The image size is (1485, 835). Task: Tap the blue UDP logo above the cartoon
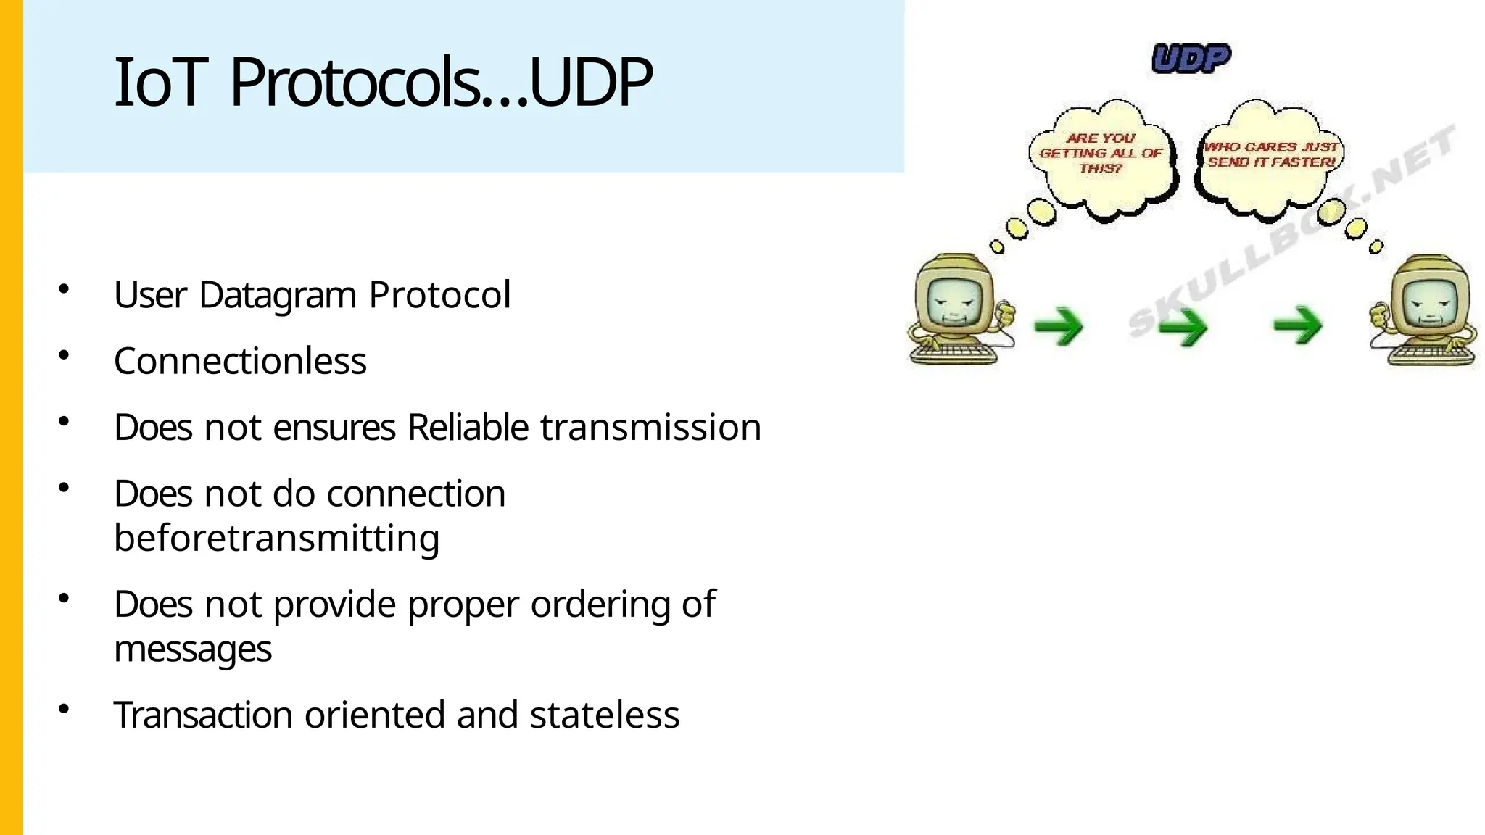point(1191,59)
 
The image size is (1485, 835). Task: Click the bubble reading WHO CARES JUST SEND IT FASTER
point(1270,155)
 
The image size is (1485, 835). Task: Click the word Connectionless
point(240,361)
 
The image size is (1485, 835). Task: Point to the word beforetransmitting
point(276,538)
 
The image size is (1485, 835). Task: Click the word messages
point(193,648)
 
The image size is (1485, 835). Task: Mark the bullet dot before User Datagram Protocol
point(64,289)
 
